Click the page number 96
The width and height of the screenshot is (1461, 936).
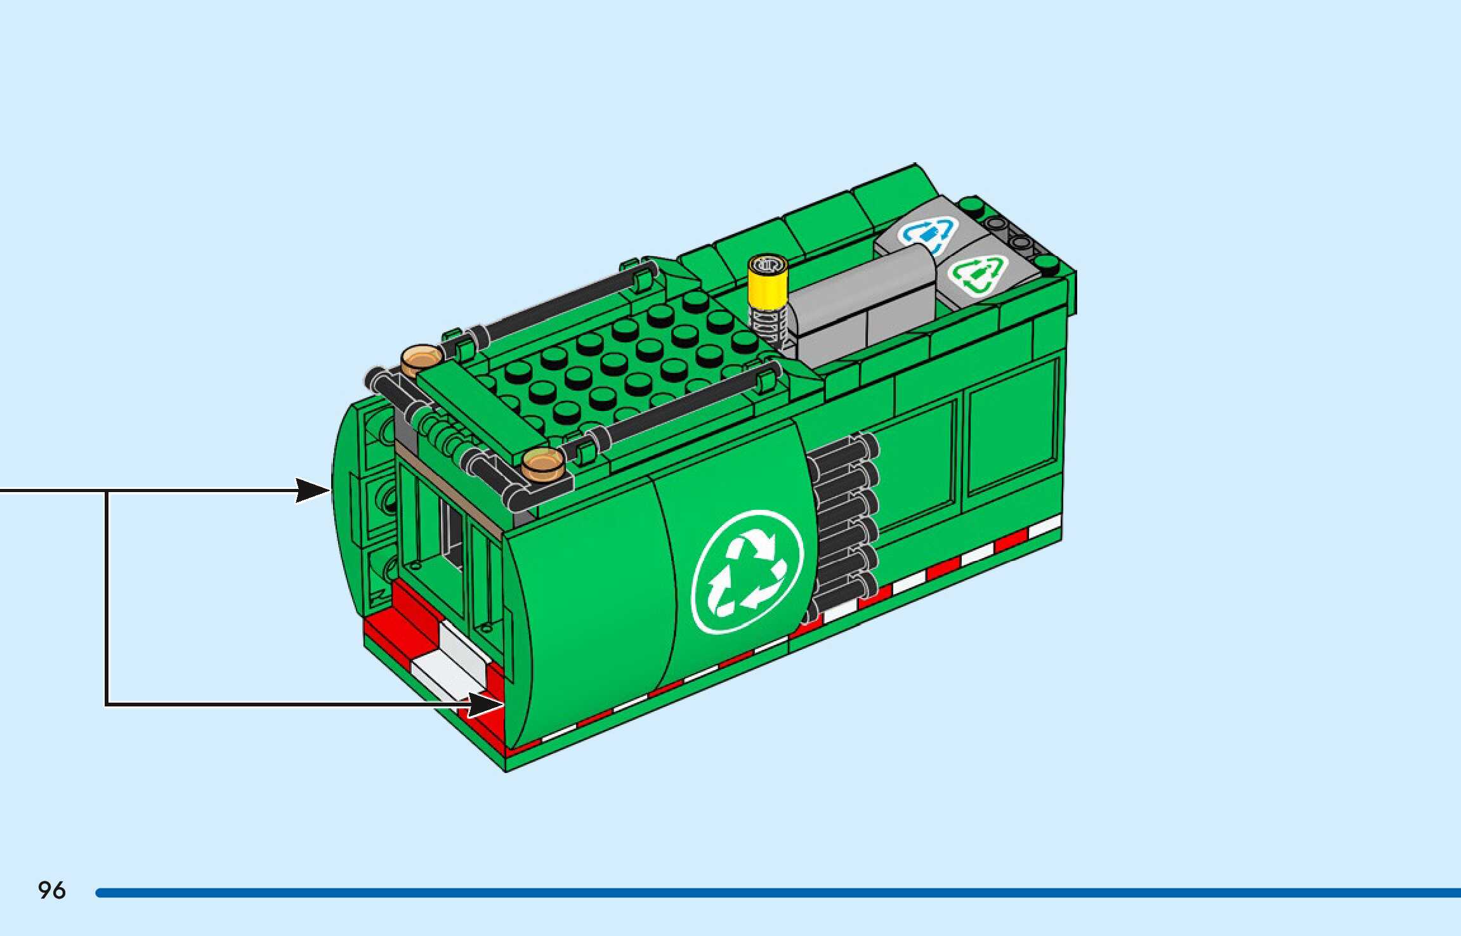pyautogui.click(x=51, y=890)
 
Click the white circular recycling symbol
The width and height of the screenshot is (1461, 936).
pyautogui.click(x=748, y=572)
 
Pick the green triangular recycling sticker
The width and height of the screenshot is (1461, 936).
pyautogui.click(x=978, y=276)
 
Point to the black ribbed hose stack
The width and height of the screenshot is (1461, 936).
pyautogui.click(x=844, y=520)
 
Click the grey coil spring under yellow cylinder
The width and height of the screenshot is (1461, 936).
pyautogui.click(x=769, y=323)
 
